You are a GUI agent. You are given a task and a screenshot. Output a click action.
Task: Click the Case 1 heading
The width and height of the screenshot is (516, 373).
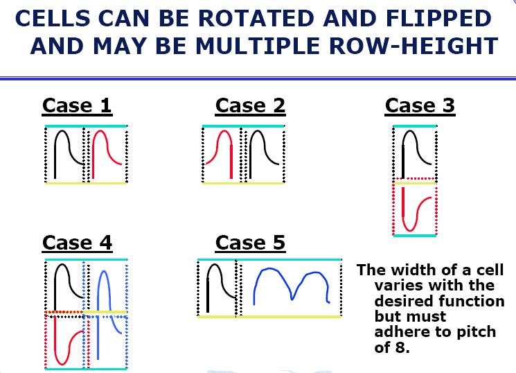77,106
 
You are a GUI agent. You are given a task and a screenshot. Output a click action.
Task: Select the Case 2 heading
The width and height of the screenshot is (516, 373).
250,106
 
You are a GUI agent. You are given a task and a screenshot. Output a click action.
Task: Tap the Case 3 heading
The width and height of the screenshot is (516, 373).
420,106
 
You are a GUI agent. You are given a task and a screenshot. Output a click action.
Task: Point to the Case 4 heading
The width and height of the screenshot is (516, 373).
77,243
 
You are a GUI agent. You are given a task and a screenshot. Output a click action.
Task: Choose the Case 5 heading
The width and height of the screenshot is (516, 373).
250,243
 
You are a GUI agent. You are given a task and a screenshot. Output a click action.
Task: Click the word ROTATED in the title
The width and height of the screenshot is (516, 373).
256,19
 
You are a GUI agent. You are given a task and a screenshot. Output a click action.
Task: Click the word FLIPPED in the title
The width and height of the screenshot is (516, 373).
438,19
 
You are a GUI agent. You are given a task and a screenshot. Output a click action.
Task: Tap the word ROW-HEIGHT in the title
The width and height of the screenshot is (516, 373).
413,46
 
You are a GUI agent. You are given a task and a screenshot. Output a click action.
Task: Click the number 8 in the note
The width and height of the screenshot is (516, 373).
401,347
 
